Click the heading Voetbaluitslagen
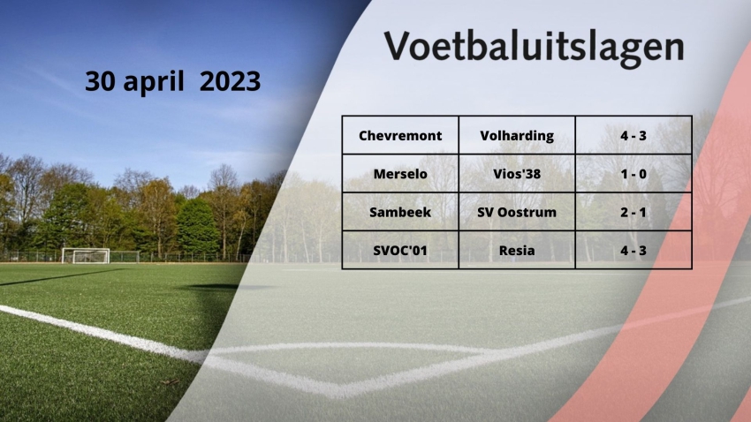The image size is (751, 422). (x=534, y=47)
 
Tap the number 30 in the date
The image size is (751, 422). (x=100, y=81)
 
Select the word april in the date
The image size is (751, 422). (x=154, y=82)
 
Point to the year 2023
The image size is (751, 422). (x=230, y=81)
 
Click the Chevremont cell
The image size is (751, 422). (x=400, y=135)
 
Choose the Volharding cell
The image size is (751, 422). (x=517, y=136)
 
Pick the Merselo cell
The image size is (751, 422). (x=400, y=174)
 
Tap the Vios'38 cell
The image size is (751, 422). (x=517, y=174)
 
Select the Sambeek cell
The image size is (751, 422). (x=400, y=212)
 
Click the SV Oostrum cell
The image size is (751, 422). (x=517, y=212)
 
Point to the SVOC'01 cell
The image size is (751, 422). (x=400, y=250)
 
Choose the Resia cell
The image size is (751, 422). (x=517, y=250)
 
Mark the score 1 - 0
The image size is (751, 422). (x=633, y=174)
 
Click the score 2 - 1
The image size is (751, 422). (x=633, y=212)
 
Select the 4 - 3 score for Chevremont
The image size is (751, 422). (x=633, y=135)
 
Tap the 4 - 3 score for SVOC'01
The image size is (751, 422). (x=633, y=250)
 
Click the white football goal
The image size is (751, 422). (x=86, y=255)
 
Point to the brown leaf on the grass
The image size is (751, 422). (x=170, y=381)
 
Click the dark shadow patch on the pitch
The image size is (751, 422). (x=216, y=287)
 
